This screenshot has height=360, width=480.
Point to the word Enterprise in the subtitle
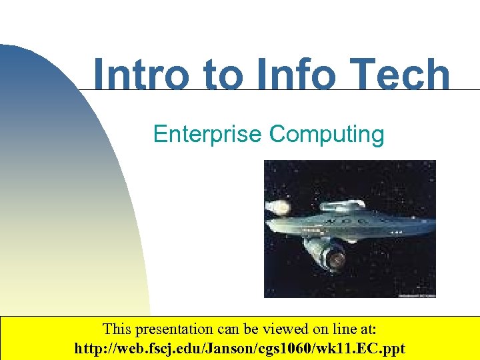[x=207, y=134]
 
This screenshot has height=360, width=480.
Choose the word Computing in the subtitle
[x=327, y=134]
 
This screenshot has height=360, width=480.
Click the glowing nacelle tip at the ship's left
[x=278, y=207]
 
